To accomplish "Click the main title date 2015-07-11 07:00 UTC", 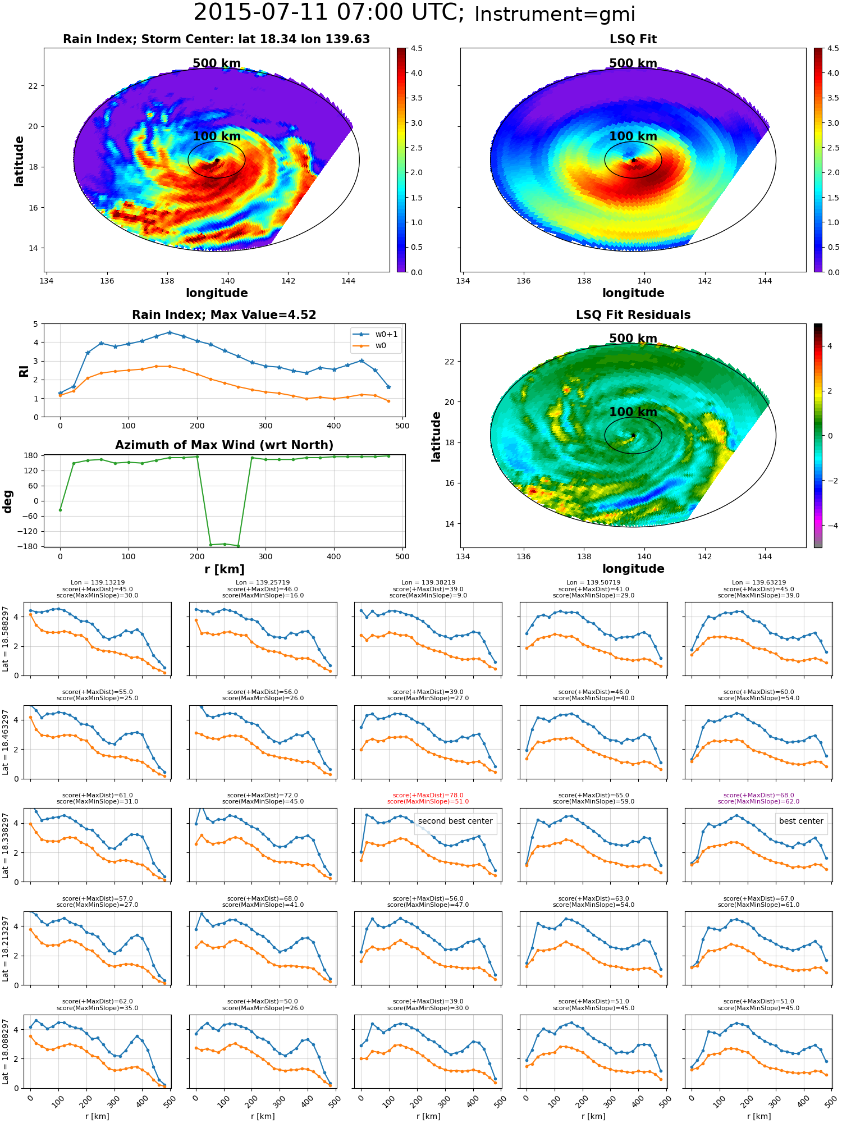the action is (x=328, y=13).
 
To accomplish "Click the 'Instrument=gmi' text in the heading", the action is (x=555, y=15).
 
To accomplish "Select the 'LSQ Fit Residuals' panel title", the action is (x=633, y=315).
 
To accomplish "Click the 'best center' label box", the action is (x=801, y=821).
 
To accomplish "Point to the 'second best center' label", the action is (x=455, y=821).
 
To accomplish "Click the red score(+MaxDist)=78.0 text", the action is (x=428, y=795).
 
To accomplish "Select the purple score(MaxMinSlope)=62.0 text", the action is (x=758, y=801).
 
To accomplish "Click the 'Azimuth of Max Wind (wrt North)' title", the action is (x=224, y=445).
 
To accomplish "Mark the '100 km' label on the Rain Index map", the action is (x=217, y=136).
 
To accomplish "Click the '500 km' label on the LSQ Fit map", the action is (x=633, y=63).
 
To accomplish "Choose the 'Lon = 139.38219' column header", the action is (x=428, y=582).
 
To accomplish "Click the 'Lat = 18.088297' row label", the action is (x=6, y=1052).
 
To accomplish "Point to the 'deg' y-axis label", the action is (x=8, y=501).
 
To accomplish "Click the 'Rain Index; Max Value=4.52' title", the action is (x=224, y=315).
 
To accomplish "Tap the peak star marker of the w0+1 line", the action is (x=170, y=332).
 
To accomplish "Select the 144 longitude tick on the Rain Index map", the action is (x=348, y=281).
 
